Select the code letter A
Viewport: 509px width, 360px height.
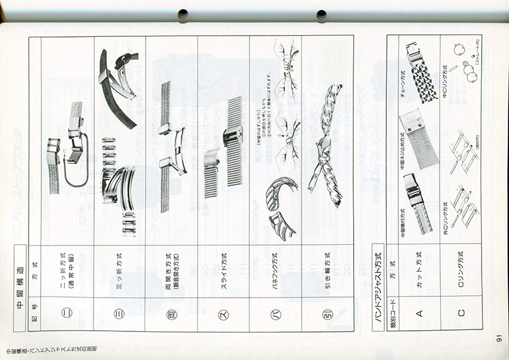[419, 312]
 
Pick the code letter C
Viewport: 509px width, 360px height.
[461, 312]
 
